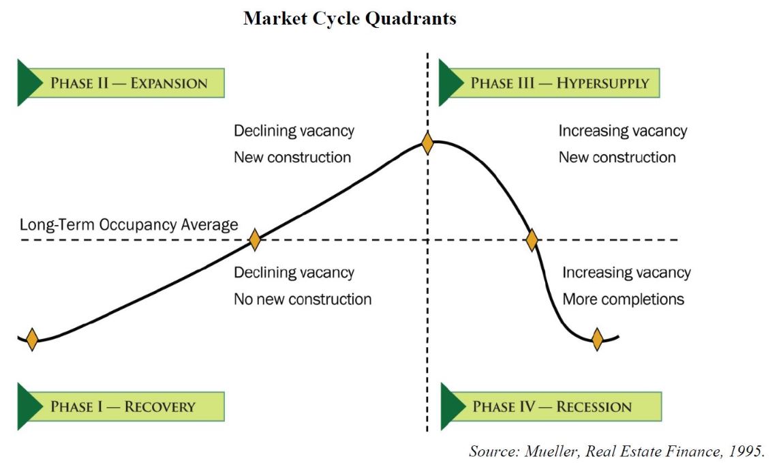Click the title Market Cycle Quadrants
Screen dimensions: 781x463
[350, 18]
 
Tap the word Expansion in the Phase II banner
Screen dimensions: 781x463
[169, 83]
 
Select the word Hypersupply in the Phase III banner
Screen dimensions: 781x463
[603, 83]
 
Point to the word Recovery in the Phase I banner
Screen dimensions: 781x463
[160, 406]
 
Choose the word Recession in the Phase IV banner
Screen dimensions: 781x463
[594, 406]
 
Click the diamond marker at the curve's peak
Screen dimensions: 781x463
[427, 143]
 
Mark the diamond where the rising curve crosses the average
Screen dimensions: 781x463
[254, 240]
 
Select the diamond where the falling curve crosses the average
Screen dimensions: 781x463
[532, 240]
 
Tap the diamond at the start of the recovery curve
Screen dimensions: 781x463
[32, 340]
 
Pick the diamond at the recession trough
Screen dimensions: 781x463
[597, 340]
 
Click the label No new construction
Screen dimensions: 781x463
[303, 299]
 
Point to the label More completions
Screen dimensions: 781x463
[623, 299]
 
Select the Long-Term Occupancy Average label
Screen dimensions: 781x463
[129, 225]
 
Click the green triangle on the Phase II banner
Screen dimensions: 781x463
[29, 83]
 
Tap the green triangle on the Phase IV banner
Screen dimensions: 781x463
[453, 406]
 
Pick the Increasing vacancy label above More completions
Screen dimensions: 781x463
[626, 273]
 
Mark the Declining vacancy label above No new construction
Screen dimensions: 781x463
[294, 273]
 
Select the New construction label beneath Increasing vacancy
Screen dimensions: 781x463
[617, 158]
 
